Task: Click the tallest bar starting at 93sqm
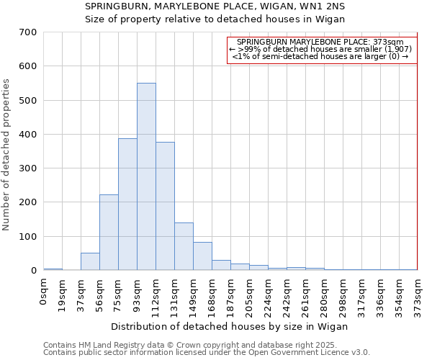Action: [146, 176]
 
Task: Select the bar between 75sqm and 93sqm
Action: [127, 204]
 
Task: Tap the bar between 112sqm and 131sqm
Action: [165, 206]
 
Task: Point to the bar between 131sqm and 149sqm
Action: [184, 246]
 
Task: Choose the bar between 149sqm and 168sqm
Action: [202, 256]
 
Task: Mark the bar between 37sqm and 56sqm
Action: [90, 261]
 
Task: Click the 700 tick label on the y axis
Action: [28, 32]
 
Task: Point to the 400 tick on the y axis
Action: [28, 135]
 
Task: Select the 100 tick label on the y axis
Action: [28, 237]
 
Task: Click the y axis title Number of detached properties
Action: [7, 155]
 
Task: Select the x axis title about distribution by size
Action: [230, 326]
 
